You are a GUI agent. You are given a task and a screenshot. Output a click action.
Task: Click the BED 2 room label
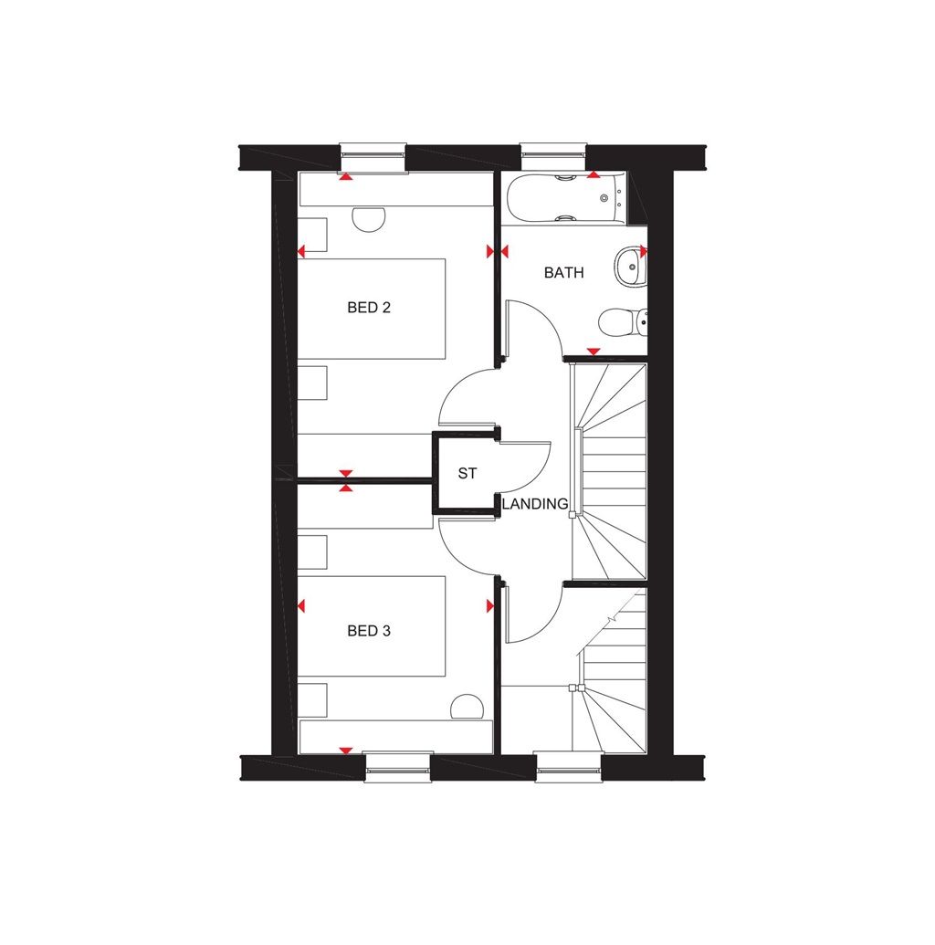click(x=369, y=308)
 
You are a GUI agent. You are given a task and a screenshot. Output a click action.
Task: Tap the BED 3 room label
click(x=369, y=630)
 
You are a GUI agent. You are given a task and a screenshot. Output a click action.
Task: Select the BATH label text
click(x=563, y=272)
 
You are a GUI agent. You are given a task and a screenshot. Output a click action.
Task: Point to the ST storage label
click(x=467, y=474)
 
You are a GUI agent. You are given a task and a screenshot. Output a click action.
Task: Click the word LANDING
click(x=535, y=503)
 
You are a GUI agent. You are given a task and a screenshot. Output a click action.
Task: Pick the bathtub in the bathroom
click(x=562, y=199)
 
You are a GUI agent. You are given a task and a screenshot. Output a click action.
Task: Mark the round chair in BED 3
click(x=467, y=708)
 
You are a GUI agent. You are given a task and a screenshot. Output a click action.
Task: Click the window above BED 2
click(x=373, y=157)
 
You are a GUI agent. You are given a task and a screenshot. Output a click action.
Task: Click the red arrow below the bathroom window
click(x=594, y=174)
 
